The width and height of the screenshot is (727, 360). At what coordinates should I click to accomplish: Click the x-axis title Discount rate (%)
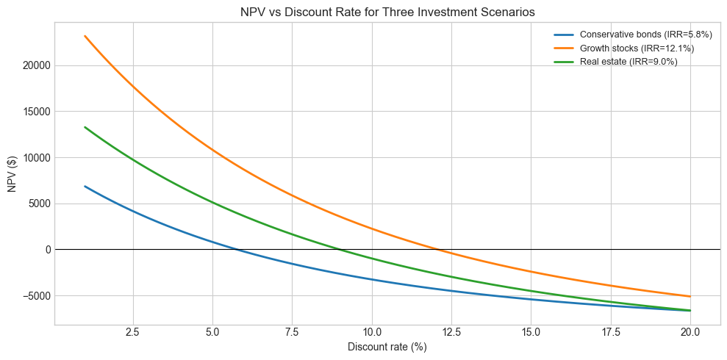click(x=387, y=348)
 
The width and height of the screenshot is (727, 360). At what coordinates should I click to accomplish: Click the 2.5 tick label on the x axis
click(x=133, y=332)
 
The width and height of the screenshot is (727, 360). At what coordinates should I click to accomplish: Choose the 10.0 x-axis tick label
click(x=372, y=332)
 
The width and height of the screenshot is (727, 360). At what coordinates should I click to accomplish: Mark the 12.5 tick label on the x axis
click(x=451, y=332)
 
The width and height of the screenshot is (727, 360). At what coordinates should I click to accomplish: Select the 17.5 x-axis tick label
click(x=611, y=332)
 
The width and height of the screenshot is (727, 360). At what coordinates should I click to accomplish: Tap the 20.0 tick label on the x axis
click(x=690, y=332)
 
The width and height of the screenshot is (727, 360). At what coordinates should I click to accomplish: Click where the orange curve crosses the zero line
click(x=439, y=250)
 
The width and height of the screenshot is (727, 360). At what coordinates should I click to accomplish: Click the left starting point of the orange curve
click(x=85, y=35)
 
